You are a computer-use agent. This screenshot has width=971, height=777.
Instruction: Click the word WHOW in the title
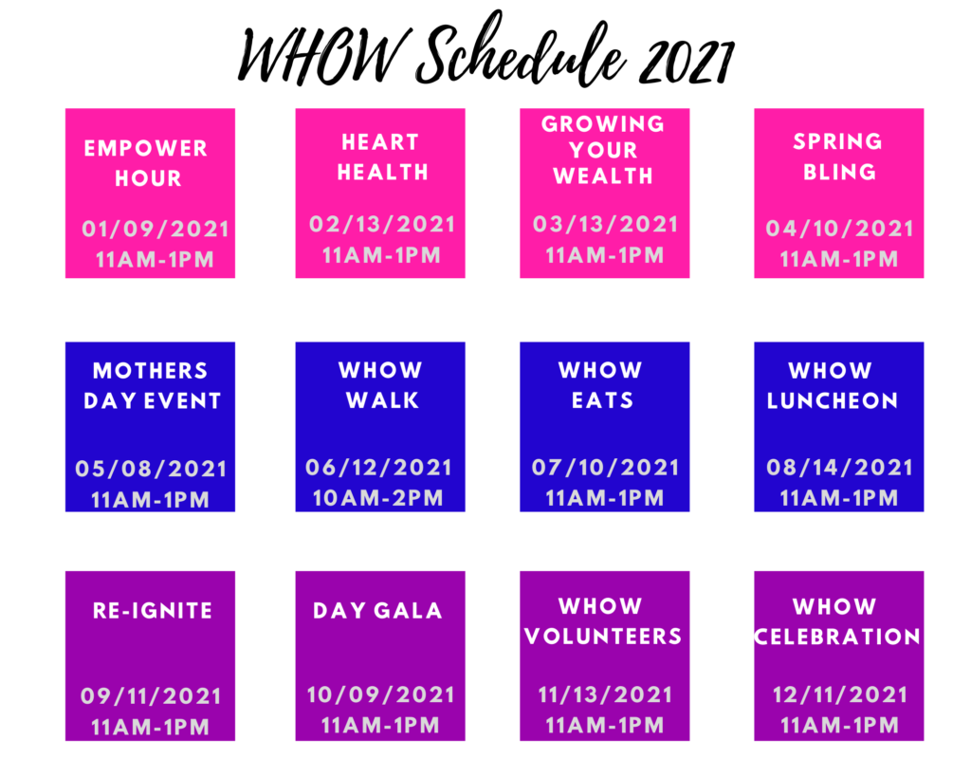[323, 56]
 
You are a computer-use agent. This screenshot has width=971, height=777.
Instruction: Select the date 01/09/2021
[156, 229]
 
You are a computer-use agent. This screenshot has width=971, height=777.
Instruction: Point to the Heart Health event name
[382, 157]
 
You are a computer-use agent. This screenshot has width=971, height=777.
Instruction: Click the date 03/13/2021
[606, 224]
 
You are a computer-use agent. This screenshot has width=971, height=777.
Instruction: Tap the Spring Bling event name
[838, 157]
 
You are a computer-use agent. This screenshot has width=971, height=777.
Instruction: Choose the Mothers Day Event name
[152, 385]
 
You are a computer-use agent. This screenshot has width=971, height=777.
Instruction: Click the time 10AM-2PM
[378, 497]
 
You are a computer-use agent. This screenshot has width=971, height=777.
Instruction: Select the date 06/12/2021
[378, 467]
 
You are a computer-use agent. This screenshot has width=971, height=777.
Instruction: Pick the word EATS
[602, 400]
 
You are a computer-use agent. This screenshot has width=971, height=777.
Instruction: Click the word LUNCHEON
[833, 400]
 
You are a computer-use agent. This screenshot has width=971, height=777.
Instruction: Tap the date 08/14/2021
[840, 467]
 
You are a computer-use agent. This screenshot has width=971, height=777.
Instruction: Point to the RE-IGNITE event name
[153, 610]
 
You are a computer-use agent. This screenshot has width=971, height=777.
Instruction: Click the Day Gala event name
[377, 610]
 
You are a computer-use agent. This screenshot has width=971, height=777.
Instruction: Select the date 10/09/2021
[381, 694]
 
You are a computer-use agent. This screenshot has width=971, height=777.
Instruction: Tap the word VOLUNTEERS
[602, 636]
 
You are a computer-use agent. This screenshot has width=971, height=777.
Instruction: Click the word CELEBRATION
[837, 636]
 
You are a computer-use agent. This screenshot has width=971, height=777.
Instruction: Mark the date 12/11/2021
[840, 694]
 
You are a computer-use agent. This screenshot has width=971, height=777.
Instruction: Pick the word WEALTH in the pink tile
[603, 176]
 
